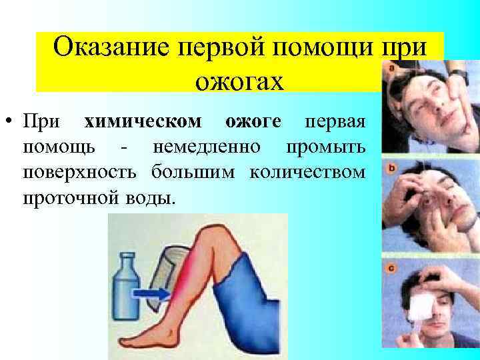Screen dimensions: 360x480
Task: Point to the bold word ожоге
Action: tap(253, 122)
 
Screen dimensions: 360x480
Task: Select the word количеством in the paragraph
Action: tap(307, 172)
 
